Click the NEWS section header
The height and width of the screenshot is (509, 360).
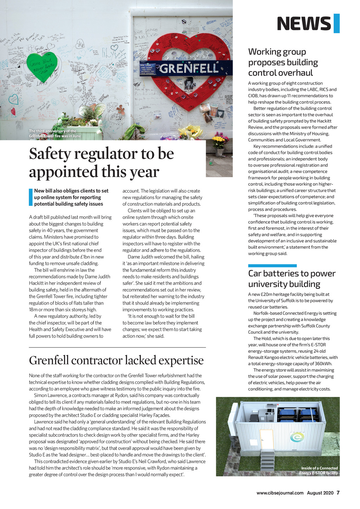pyautogui.click(x=304, y=24)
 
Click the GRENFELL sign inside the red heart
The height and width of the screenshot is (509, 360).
pyautogui.click(x=189, y=68)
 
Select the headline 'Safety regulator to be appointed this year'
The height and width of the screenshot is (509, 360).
pyautogui.click(x=101, y=163)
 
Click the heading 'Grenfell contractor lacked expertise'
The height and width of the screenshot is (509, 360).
pyautogui.click(x=116, y=360)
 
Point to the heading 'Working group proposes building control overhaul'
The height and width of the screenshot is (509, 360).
pyautogui.click(x=283, y=62)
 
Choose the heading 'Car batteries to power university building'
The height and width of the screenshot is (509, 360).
pyautogui.click(x=291, y=279)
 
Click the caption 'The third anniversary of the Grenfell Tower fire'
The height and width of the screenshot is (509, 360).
pyautogui.click(x=55, y=133)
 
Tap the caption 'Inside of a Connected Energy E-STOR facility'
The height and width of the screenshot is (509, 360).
pyautogui.click(x=319, y=470)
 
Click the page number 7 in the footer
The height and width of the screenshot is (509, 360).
pyautogui.click(x=338, y=492)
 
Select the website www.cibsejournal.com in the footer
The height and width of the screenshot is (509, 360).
pyautogui.click(x=280, y=493)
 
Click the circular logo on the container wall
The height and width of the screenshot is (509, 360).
pyautogui.click(x=297, y=437)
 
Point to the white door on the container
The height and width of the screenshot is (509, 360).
pyautogui.click(x=266, y=439)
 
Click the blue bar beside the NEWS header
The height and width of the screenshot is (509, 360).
pyautogui.click(x=336, y=24)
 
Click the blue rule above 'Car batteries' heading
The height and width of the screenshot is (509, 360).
pyautogui.click(x=272, y=266)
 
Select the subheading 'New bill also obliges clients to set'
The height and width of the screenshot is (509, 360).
pyautogui.click(x=71, y=191)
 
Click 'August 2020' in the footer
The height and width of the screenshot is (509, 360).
pyautogui.click(x=320, y=493)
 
